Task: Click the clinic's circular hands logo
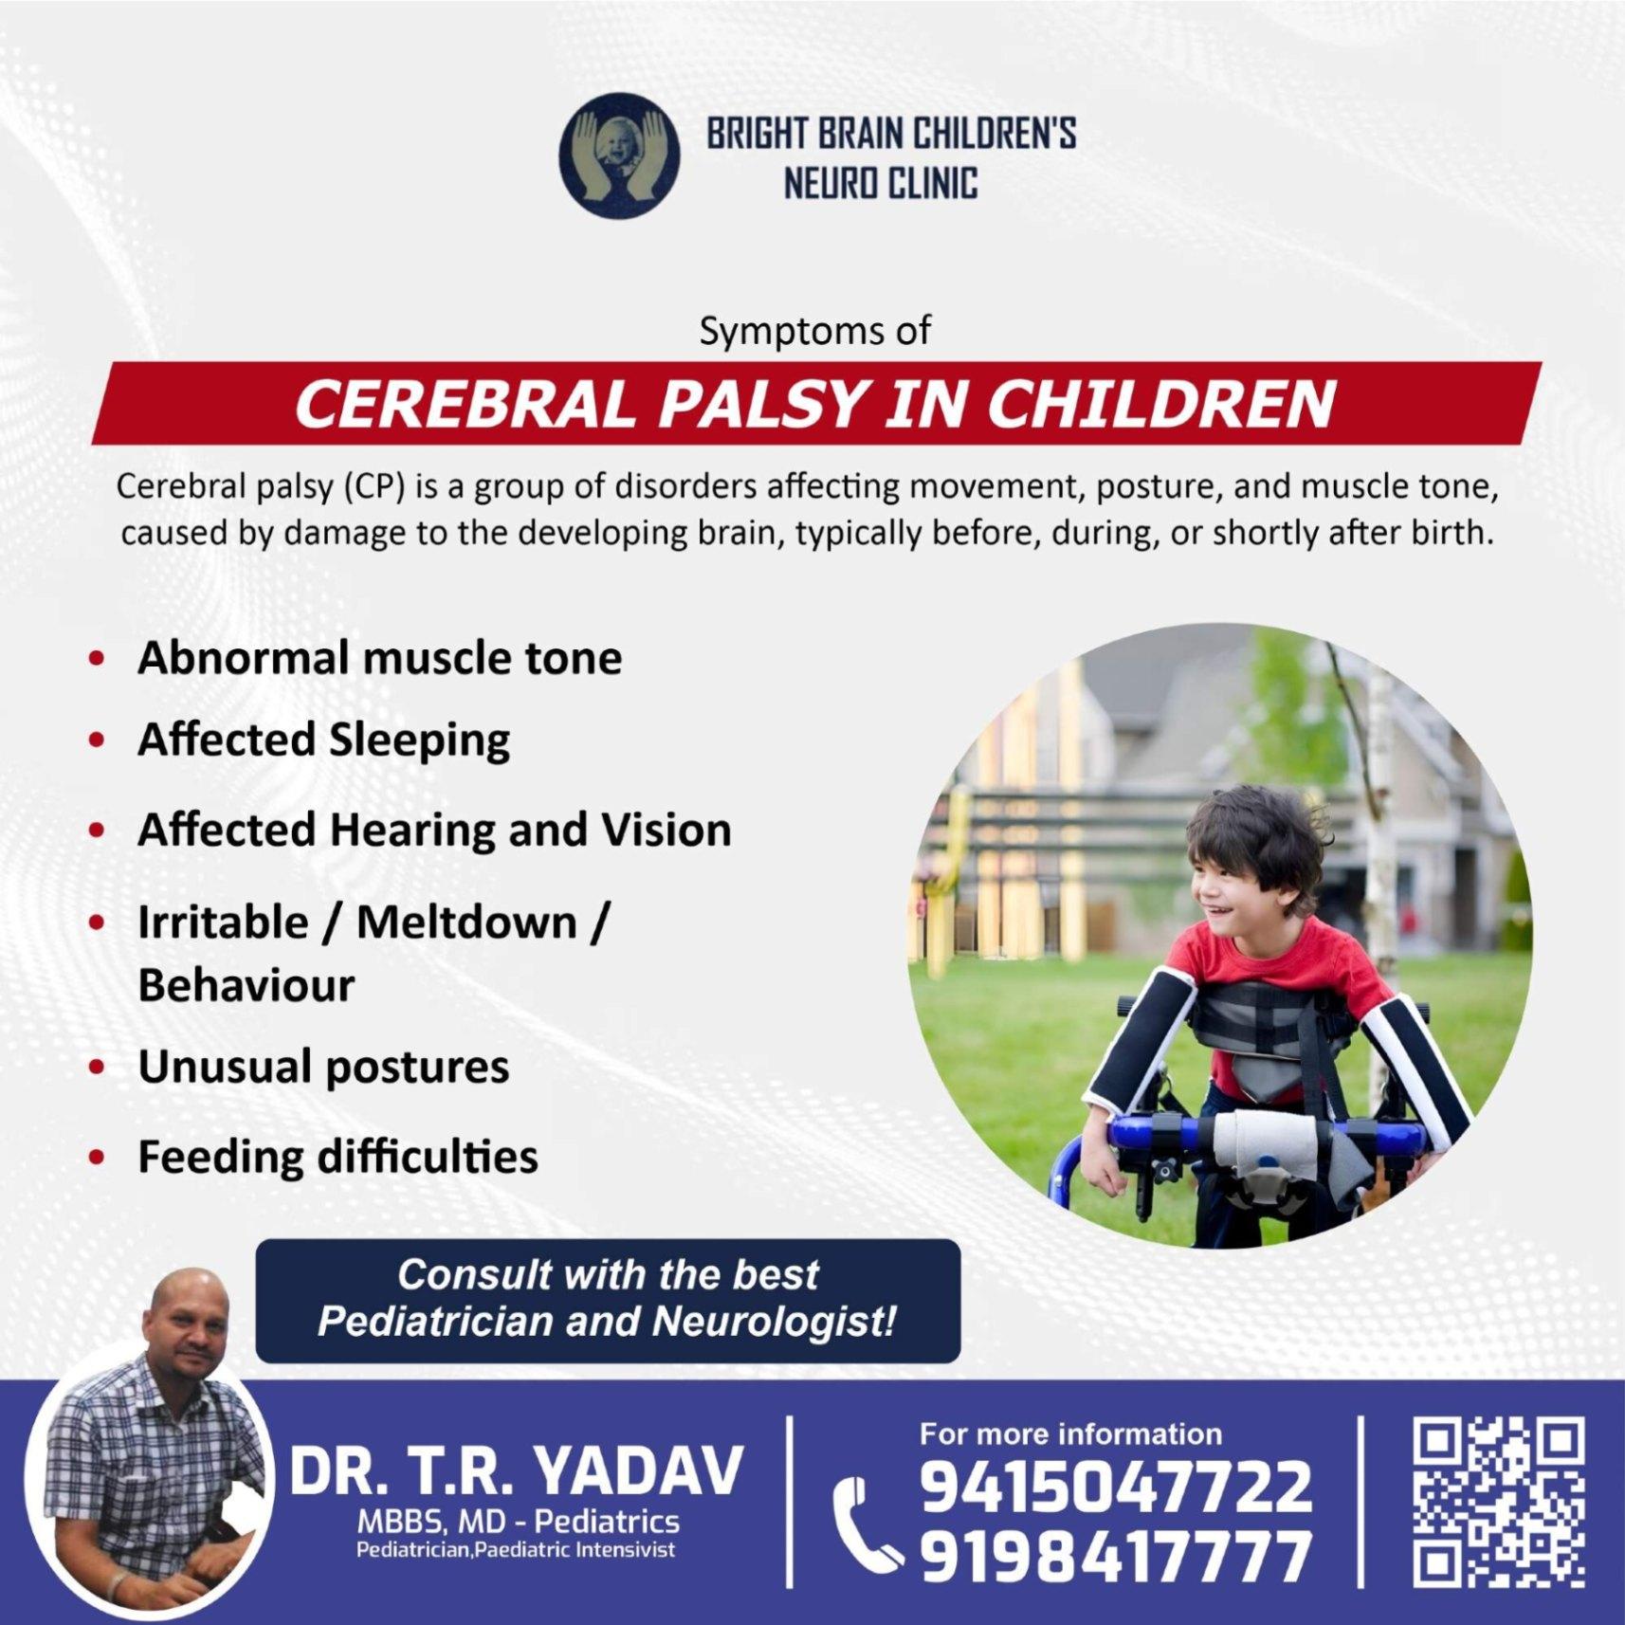pos(619,155)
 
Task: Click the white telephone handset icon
pos(864,1524)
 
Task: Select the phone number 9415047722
pos(1116,1487)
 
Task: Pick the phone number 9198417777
pos(1116,1557)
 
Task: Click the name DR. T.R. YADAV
pos(517,1471)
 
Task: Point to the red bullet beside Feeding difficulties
pos(96,1157)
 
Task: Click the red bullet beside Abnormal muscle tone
pos(96,658)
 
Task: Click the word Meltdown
pos(466,922)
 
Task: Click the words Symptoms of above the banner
pos(814,330)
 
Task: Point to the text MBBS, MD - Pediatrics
pos(518,1522)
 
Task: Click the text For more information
pos(1070,1433)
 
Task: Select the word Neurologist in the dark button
pos(774,1322)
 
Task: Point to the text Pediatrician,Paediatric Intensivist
pos(516,1550)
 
